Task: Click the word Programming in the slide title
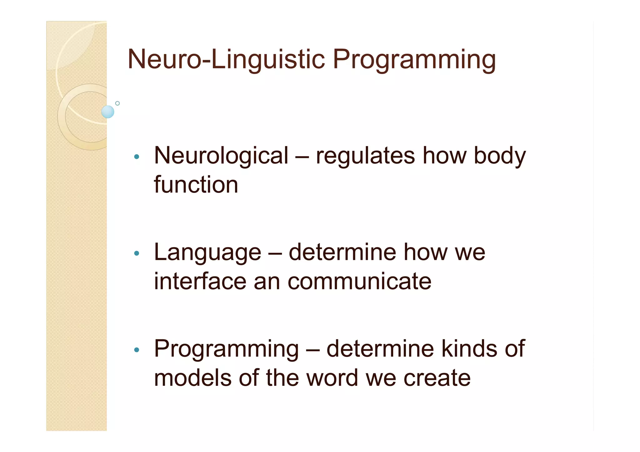(414, 60)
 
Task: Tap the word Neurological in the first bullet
(221, 156)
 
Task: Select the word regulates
(365, 156)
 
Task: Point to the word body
(500, 156)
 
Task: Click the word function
(196, 185)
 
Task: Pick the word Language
(207, 253)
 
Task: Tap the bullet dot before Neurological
(136, 157)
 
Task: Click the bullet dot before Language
(136, 253)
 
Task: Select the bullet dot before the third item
(136, 350)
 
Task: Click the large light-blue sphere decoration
(108, 112)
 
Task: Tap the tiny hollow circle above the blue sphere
(117, 103)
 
